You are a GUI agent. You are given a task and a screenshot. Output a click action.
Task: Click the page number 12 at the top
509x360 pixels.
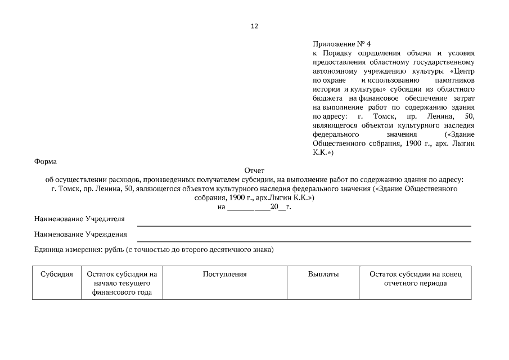click(254, 26)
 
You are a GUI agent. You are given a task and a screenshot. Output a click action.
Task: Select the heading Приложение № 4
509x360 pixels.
click(341, 44)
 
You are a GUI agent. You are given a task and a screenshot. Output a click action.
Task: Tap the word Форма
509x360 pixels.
click(46, 161)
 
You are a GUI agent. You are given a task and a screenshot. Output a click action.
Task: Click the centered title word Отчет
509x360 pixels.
click(254, 170)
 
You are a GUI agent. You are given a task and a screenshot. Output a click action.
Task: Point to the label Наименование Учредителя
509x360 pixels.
click(79, 218)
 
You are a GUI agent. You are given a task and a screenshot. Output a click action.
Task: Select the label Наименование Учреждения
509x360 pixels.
click(80, 234)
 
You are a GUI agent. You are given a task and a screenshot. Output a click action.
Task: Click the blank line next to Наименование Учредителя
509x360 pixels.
click(304, 224)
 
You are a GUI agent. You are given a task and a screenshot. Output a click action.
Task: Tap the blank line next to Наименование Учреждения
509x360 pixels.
click(304, 240)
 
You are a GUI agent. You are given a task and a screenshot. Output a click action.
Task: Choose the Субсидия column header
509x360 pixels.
click(57, 274)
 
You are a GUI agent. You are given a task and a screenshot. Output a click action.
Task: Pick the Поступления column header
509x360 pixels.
click(224, 274)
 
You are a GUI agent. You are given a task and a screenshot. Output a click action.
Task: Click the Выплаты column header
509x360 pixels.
click(323, 274)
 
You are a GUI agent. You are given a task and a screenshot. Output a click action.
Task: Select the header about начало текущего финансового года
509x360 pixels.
click(122, 283)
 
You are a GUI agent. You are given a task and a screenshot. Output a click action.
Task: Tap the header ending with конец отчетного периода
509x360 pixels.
click(415, 278)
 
